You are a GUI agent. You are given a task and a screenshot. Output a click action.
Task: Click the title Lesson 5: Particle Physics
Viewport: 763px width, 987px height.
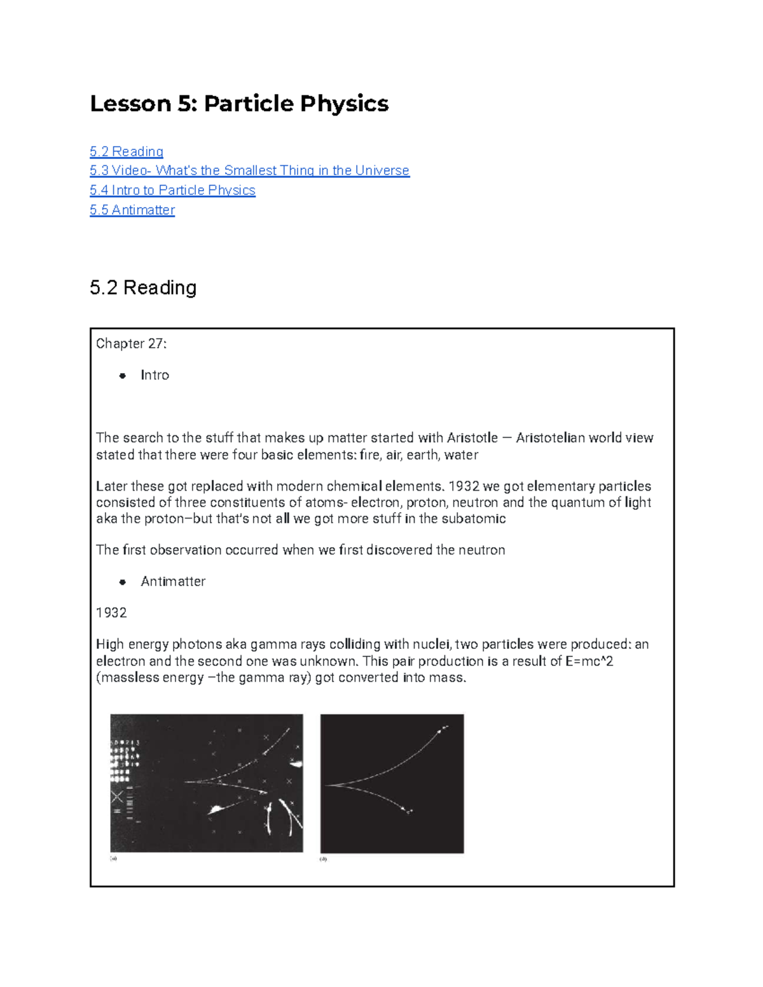click(x=239, y=104)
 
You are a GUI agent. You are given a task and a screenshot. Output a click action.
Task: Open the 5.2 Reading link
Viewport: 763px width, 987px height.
click(x=127, y=151)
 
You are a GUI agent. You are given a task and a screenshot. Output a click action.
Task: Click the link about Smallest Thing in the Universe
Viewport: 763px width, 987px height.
click(x=249, y=170)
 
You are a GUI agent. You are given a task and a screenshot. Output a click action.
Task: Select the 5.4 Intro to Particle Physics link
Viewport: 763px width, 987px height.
click(x=172, y=190)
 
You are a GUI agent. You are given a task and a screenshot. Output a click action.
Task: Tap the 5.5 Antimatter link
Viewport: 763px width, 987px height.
click(x=132, y=210)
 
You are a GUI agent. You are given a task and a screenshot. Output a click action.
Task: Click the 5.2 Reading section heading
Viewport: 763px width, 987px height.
click(x=143, y=288)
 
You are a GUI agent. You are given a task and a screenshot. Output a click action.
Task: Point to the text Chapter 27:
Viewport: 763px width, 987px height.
click(x=132, y=344)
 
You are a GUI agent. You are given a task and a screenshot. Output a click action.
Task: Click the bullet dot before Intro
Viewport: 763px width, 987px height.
click(x=123, y=376)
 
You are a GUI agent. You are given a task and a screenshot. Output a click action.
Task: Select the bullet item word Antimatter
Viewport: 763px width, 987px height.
click(x=173, y=582)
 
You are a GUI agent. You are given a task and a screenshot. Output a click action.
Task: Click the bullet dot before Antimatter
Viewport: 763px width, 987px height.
click(x=123, y=582)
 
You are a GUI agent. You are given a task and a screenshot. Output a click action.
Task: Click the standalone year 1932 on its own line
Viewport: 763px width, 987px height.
click(x=111, y=613)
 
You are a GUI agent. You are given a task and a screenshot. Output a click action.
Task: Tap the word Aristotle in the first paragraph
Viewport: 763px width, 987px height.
click(x=472, y=438)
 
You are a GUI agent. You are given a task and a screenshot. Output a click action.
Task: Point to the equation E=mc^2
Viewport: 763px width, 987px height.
click(x=589, y=662)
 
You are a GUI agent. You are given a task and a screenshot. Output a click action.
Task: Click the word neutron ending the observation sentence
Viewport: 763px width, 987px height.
click(x=483, y=550)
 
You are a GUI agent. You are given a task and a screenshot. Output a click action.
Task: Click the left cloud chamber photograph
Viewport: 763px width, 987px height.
click(x=207, y=783)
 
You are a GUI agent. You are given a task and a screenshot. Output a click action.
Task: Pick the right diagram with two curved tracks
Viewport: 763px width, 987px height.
click(x=392, y=784)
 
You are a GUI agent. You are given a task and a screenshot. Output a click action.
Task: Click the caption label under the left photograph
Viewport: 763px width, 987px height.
click(x=114, y=859)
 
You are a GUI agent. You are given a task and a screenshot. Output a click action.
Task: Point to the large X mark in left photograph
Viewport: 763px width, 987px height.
click(x=118, y=796)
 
